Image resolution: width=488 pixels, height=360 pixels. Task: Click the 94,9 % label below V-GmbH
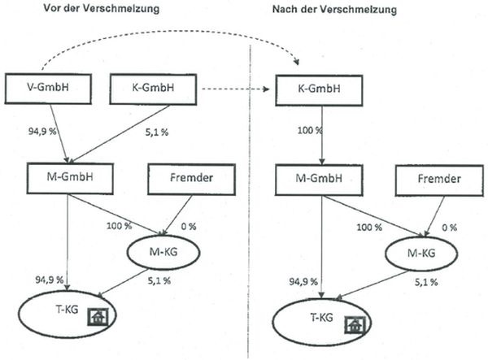click(x=42, y=128)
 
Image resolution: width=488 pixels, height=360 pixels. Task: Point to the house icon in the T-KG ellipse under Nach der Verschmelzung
click(x=353, y=324)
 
